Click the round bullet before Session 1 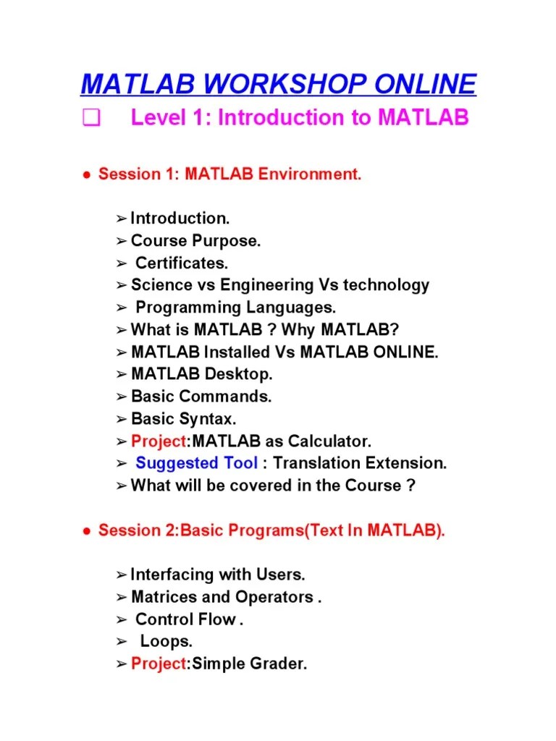coord(85,175)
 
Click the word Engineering coord(266,285)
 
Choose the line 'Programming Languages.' coord(236,308)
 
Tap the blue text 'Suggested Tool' coord(196,463)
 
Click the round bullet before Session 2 coord(85,531)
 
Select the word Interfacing coord(174,575)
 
